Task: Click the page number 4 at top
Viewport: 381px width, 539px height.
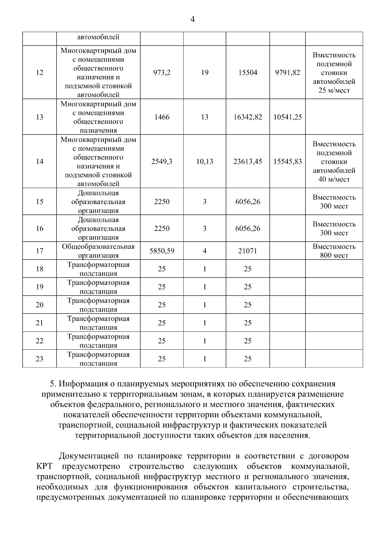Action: [192, 20]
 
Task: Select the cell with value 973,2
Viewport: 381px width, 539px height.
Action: [162, 73]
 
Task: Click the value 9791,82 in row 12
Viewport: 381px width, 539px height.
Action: [287, 73]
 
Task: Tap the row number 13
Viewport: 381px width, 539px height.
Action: [39, 117]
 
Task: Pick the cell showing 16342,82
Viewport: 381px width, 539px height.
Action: [248, 117]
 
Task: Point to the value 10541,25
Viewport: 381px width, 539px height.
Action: [287, 117]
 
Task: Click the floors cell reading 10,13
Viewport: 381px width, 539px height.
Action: [204, 162]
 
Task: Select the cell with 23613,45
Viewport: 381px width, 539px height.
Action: [248, 162]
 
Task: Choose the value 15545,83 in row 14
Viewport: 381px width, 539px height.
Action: [287, 162]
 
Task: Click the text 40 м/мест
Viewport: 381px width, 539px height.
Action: [334, 179]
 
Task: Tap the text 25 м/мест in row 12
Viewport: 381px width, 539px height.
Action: [334, 91]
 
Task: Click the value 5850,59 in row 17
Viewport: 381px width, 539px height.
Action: [162, 251]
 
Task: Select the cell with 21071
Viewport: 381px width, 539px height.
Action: [248, 251]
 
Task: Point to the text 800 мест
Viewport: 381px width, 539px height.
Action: [334, 256]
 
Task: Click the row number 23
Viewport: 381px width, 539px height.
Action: [39, 359]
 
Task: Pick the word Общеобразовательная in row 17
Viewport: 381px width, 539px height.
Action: [98, 247]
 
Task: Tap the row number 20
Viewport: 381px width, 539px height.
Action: [39, 305]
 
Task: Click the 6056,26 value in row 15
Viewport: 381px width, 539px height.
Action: [248, 202]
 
